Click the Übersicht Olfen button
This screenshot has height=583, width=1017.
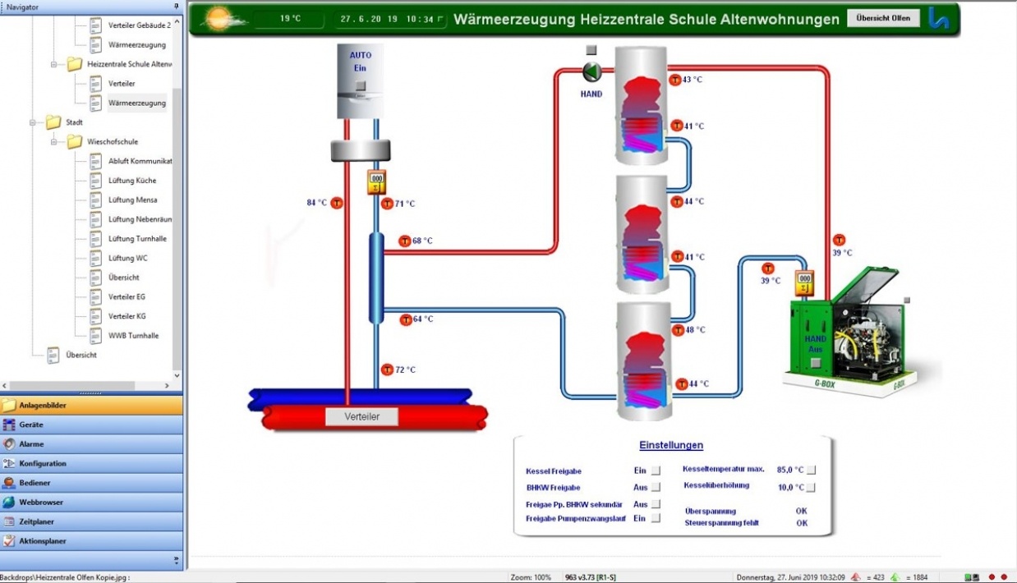pos(883,18)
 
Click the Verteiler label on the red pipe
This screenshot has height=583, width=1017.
pos(361,416)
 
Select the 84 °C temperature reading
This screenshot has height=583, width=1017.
pos(317,203)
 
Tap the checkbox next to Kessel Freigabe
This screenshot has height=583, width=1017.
pos(656,471)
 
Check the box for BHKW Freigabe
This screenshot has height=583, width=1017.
pos(656,488)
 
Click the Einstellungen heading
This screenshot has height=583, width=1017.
pos(671,445)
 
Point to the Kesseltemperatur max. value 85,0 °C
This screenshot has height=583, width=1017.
pos(789,471)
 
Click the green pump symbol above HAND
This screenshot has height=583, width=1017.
pos(591,72)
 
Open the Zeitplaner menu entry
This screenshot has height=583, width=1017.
pos(36,521)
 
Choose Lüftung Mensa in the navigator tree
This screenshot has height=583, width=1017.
pos(132,200)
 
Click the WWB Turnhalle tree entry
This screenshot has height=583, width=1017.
pos(133,336)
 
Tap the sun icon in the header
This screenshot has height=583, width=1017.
pos(219,18)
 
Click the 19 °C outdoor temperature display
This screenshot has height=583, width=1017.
pos(290,18)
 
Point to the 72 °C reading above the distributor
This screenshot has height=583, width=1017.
pos(405,370)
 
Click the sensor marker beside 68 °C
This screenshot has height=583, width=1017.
pos(405,241)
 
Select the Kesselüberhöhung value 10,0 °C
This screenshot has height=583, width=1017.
pos(789,487)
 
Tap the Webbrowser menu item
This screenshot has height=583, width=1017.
pos(41,503)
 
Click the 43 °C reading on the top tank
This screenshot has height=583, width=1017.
pos(692,80)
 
